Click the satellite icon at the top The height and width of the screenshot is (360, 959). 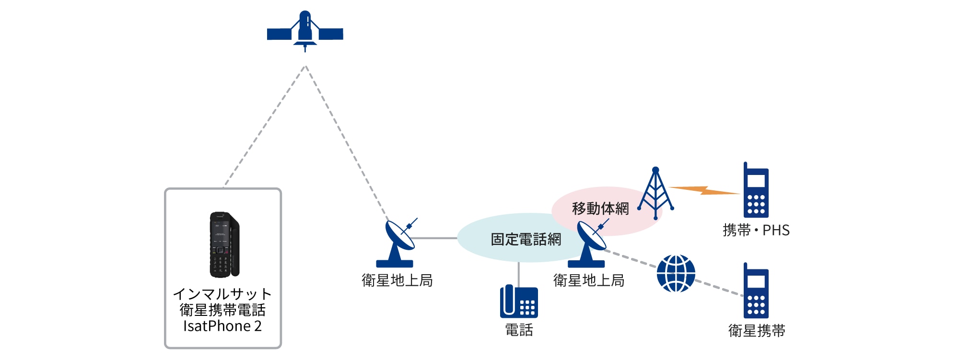pos(305,32)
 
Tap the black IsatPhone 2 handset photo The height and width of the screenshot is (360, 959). pos(224,244)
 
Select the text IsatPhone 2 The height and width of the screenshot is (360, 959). pos(222,326)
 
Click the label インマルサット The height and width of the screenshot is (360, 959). pos(222,293)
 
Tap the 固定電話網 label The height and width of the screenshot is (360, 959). pos(526,239)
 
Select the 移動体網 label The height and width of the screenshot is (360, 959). pos(600,209)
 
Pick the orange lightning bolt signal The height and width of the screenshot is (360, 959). pos(704,191)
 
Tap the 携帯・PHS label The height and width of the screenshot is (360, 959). pos(756,231)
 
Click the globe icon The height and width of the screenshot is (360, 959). pos(676,273)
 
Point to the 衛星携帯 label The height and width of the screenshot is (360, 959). pos(757,331)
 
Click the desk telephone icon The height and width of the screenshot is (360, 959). pos(519,302)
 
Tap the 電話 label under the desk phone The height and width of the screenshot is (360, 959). pos(519,330)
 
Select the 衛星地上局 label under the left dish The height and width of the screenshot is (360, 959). pos(397,280)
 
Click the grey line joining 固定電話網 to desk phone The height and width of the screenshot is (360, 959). pos(518,275)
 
